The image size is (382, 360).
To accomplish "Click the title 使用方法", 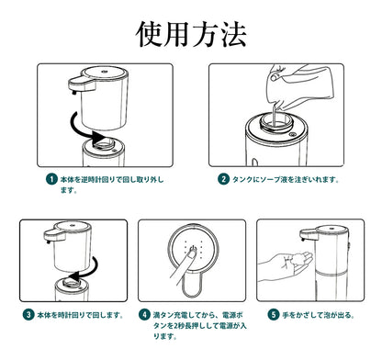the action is (x=191, y=34).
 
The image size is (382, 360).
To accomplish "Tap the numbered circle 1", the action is (x=51, y=179).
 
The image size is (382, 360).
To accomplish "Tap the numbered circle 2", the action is (x=223, y=179).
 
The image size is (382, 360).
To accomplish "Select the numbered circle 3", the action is (x=28, y=314).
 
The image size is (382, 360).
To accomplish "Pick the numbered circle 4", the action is (x=144, y=314).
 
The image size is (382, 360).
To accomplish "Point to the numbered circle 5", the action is (x=274, y=314).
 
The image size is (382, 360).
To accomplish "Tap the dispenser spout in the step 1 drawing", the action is (x=82, y=85).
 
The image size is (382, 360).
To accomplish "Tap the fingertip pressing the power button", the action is (x=192, y=253).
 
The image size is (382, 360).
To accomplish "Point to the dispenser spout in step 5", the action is (x=309, y=235).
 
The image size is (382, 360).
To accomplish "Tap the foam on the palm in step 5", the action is (x=298, y=260).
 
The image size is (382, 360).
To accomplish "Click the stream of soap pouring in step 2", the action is (x=275, y=115).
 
